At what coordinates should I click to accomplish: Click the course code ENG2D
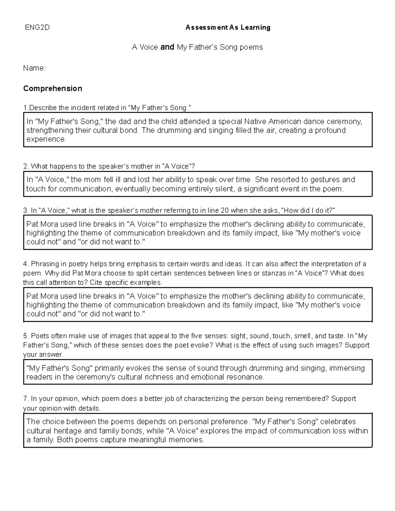tap(37, 28)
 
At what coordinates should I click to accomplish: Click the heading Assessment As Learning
tap(228, 28)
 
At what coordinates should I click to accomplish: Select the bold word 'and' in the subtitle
tap(167, 47)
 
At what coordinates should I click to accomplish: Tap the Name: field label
tap(34, 68)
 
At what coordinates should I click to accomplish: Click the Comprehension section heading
tap(53, 89)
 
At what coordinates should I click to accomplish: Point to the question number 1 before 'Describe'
tap(25, 108)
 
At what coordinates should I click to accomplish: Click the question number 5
tap(26, 336)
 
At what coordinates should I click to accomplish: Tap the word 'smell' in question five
tap(303, 336)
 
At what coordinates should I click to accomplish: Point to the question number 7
tap(26, 399)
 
